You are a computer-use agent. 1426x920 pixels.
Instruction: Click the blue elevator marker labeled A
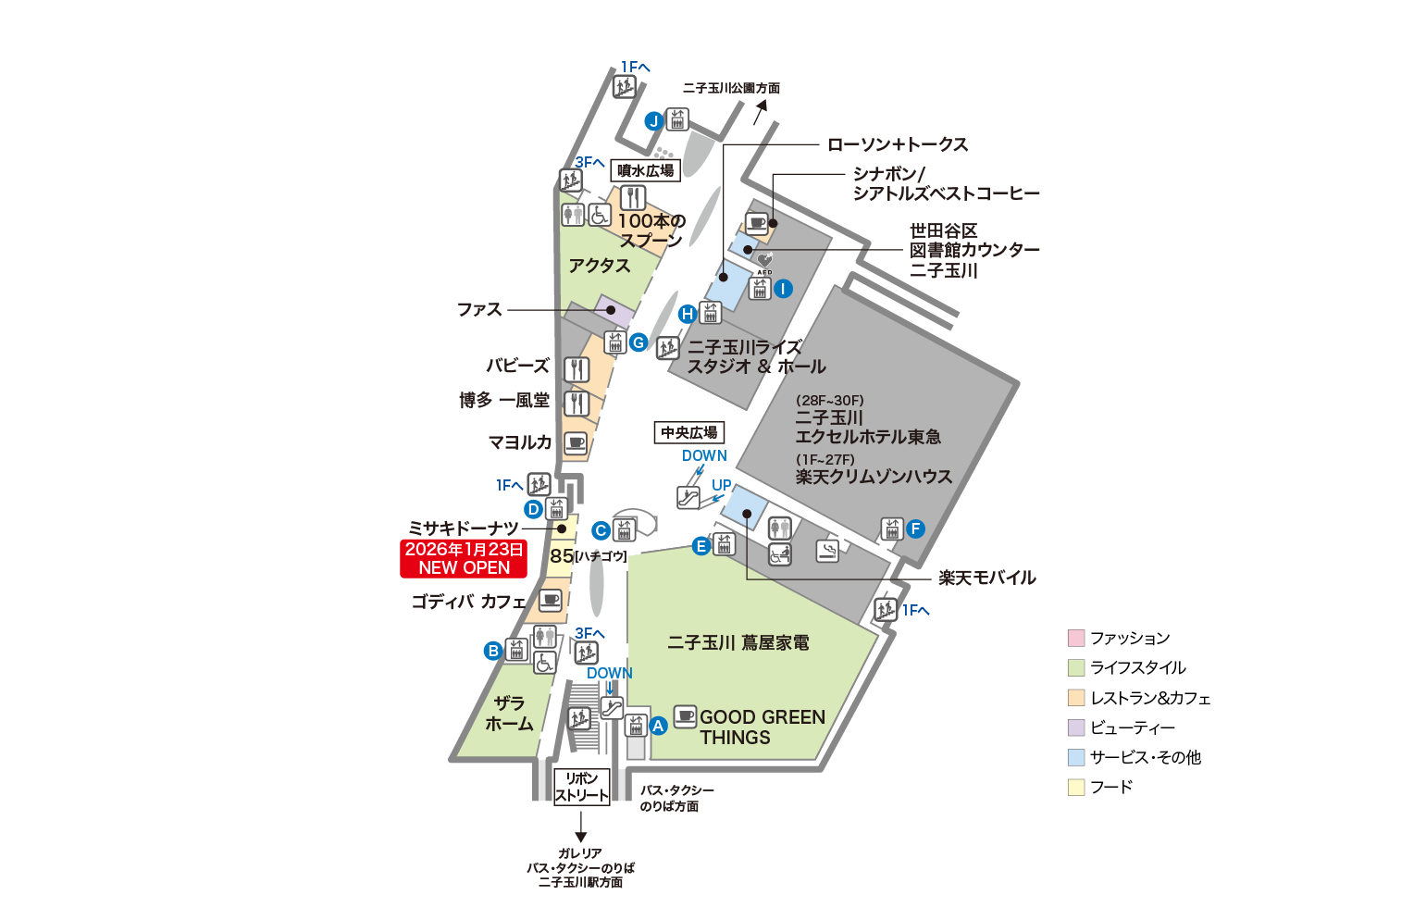pyautogui.click(x=658, y=727)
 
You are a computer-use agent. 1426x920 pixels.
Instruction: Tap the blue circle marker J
pyautogui.click(x=653, y=121)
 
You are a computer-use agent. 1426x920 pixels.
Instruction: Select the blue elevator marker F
pyautogui.click(x=915, y=529)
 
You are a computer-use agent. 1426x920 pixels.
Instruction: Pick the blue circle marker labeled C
pyautogui.click(x=601, y=531)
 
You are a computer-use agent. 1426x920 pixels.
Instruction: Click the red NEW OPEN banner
pyautogui.click(x=464, y=559)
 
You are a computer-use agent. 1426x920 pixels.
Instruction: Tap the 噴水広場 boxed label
pyautogui.click(x=646, y=170)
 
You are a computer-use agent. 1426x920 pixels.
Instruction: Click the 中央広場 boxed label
pyautogui.click(x=689, y=432)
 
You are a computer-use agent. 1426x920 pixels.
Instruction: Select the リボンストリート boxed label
pyautogui.click(x=582, y=787)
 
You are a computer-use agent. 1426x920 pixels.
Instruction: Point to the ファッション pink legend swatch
pyautogui.click(x=1076, y=638)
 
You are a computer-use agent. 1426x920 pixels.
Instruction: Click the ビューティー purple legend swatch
pyautogui.click(x=1076, y=727)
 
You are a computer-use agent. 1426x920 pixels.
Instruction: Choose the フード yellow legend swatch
pyautogui.click(x=1076, y=787)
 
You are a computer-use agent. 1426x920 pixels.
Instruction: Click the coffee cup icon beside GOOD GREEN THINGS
pyautogui.click(x=685, y=715)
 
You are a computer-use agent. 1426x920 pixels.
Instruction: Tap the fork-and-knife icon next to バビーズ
pyautogui.click(x=577, y=368)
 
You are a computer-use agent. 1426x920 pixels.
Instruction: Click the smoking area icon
pyautogui.click(x=827, y=551)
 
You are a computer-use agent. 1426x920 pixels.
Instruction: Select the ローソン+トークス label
pyautogui.click(x=897, y=144)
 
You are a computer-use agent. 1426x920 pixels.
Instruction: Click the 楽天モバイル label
pyautogui.click(x=986, y=578)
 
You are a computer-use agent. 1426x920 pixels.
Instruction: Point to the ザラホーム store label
pyautogui.click(x=509, y=714)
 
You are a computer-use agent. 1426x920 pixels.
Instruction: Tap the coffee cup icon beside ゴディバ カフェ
pyautogui.click(x=551, y=600)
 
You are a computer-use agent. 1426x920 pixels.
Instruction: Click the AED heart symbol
pyautogui.click(x=764, y=260)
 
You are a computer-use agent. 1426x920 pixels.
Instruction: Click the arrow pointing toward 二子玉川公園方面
pyautogui.click(x=762, y=111)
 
